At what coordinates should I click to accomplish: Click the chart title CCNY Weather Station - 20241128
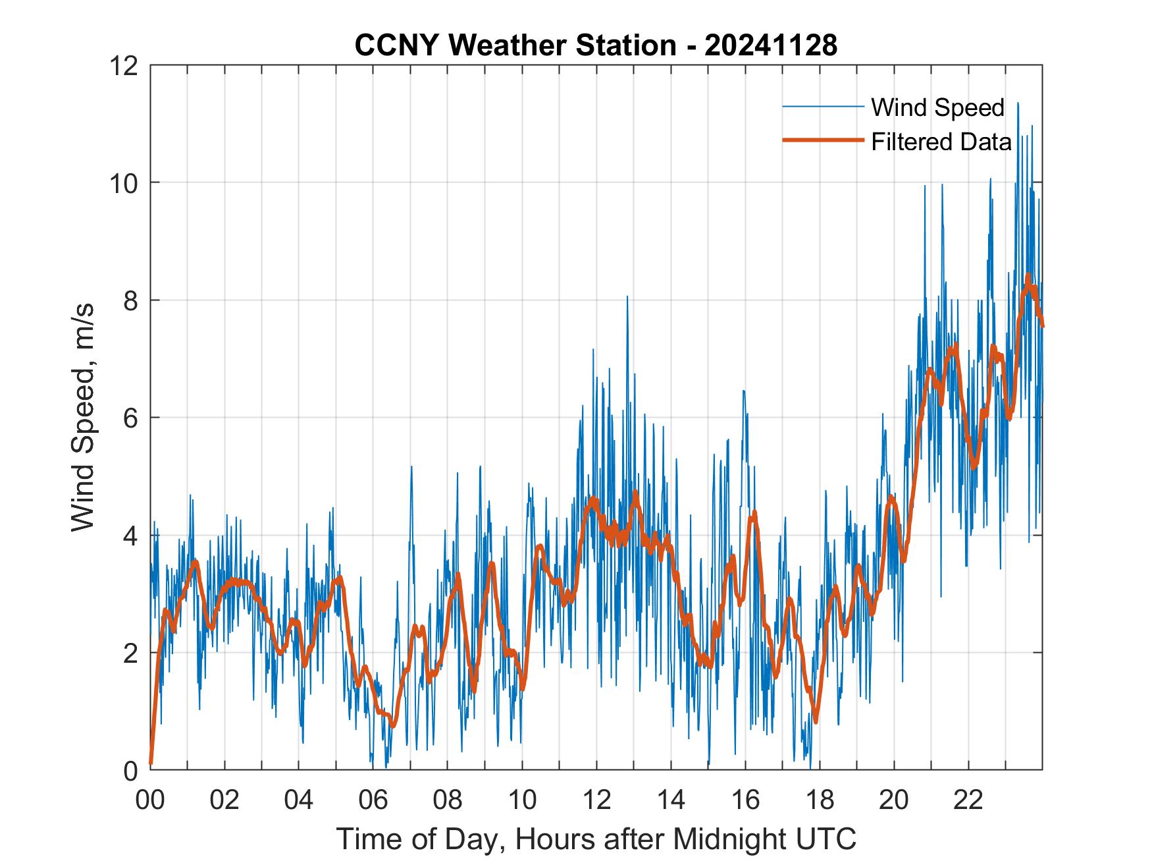click(x=596, y=45)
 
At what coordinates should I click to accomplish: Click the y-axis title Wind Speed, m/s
click(x=84, y=417)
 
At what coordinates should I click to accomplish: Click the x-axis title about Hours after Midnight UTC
click(x=596, y=839)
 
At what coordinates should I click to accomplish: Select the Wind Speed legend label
click(x=937, y=107)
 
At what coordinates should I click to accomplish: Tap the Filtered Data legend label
click(x=941, y=141)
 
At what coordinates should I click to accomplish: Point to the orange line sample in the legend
click(x=823, y=140)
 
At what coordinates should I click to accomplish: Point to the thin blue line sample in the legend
click(x=823, y=107)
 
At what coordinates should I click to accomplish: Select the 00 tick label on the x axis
click(x=150, y=800)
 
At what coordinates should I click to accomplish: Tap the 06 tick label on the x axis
click(x=373, y=800)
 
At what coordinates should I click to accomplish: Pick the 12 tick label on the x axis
click(x=596, y=800)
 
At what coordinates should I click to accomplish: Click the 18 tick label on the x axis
click(x=820, y=800)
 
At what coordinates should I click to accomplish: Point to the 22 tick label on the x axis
click(x=968, y=800)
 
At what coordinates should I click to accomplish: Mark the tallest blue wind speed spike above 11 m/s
click(x=1018, y=104)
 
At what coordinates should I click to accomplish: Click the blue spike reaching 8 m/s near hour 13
click(x=627, y=298)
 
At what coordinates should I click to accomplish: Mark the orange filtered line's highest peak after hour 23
click(x=1028, y=276)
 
